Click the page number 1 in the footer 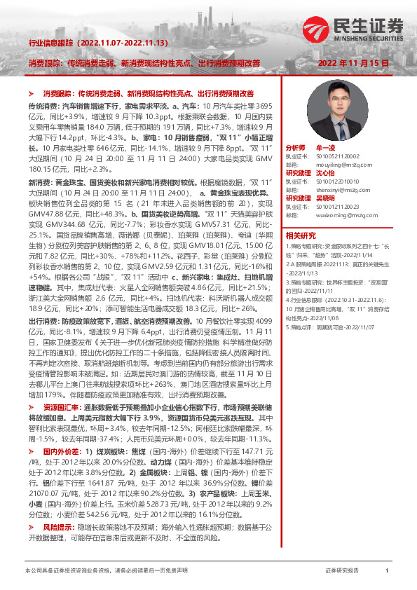[387, 571]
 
